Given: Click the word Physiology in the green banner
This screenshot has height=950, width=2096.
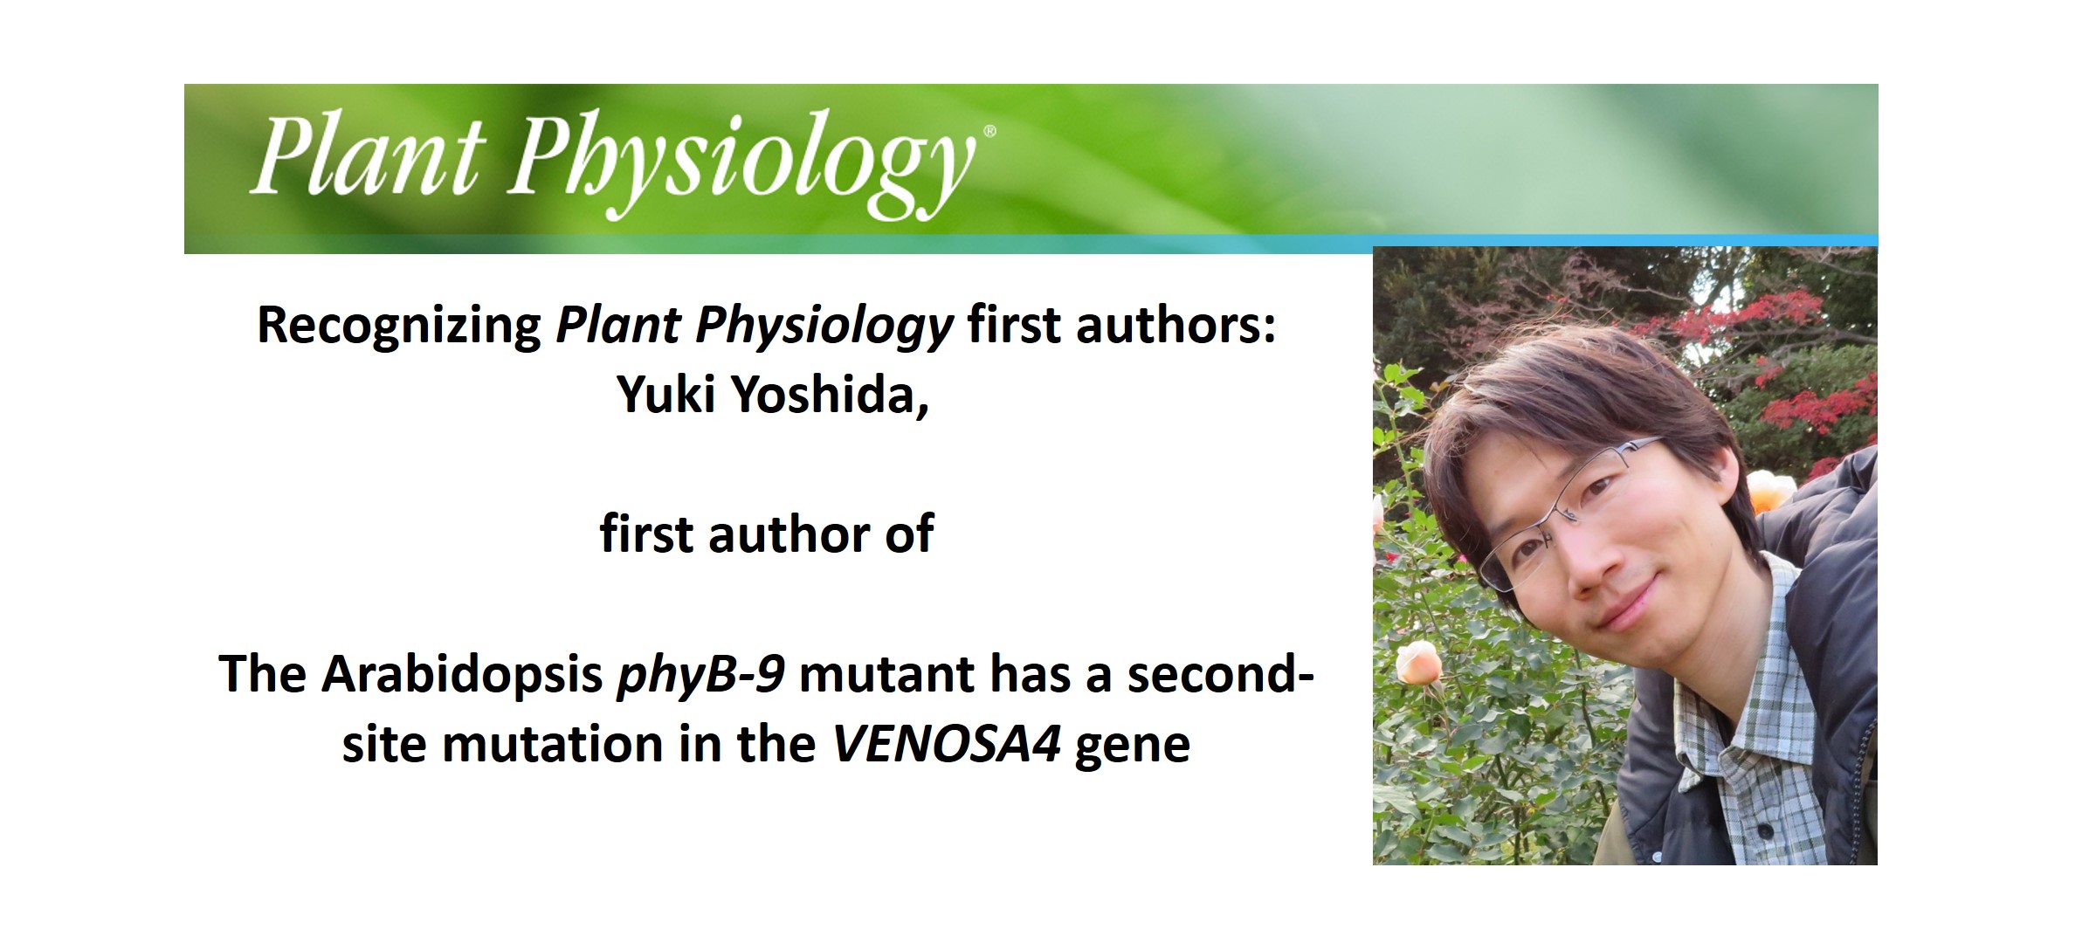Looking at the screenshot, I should point(742,162).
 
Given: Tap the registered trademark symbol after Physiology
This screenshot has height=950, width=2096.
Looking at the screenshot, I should point(989,131).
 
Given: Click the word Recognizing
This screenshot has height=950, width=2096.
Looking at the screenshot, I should point(399,327).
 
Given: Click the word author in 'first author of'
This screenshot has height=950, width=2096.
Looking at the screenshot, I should point(789,534).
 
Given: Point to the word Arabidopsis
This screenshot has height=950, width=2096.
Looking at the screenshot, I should point(462,675).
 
